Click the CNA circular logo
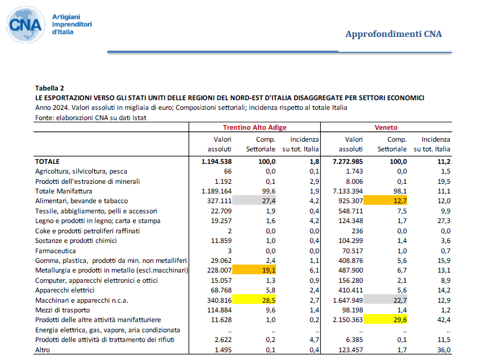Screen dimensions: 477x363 [26, 24]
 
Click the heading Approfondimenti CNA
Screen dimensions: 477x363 [394, 34]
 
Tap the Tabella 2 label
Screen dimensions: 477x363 [49, 88]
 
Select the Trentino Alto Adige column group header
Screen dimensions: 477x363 [254, 127]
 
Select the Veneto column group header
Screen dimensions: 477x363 [386, 127]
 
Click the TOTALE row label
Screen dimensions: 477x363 [47, 162]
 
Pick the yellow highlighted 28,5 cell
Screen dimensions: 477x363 [254, 300]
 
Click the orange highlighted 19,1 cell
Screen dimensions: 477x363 [254, 270]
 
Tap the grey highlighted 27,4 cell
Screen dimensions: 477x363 [254, 200]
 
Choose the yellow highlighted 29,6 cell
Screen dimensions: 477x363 [385, 319]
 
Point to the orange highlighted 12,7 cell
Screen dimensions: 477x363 [385, 200]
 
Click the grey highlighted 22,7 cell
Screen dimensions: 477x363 [385, 300]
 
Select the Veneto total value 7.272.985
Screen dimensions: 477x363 [348, 162]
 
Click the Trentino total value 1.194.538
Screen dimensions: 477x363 [216, 162]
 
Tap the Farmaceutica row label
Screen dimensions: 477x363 [56, 251]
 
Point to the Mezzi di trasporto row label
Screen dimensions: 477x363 [62, 310]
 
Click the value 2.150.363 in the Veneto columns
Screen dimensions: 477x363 [348, 320]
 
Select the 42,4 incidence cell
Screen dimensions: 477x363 [444, 320]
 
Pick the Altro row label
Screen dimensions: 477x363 [42, 349]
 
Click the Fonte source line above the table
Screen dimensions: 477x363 [91, 118]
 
